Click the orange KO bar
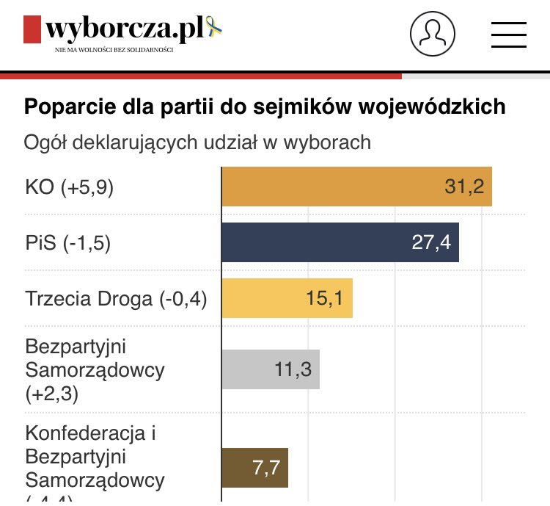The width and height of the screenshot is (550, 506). pyautogui.click(x=356, y=187)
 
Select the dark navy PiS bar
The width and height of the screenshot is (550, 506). pyautogui.click(x=340, y=242)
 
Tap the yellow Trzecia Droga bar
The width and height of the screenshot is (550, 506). pyautogui.click(x=287, y=298)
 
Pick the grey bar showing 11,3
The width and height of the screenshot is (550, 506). pyautogui.click(x=271, y=369)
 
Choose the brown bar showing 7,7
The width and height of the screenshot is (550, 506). pyautogui.click(x=254, y=468)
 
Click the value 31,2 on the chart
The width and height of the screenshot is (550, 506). pyautogui.click(x=464, y=187)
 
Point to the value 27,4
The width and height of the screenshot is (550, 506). pyautogui.click(x=431, y=242)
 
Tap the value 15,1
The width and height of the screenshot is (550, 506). pyautogui.click(x=326, y=298)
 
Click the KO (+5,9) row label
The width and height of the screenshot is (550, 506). pyautogui.click(x=69, y=187)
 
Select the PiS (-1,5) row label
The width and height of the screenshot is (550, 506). pyautogui.click(x=67, y=243)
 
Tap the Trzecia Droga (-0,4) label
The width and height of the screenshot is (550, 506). pyautogui.click(x=116, y=299)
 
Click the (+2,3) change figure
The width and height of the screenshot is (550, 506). pyautogui.click(x=51, y=394)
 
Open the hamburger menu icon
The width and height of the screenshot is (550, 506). pyautogui.click(x=509, y=34)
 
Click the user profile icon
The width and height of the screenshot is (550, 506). pyautogui.click(x=433, y=33)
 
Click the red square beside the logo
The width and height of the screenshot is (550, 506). pyautogui.click(x=32, y=30)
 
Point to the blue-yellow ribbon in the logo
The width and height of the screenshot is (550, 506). pyautogui.click(x=216, y=27)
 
